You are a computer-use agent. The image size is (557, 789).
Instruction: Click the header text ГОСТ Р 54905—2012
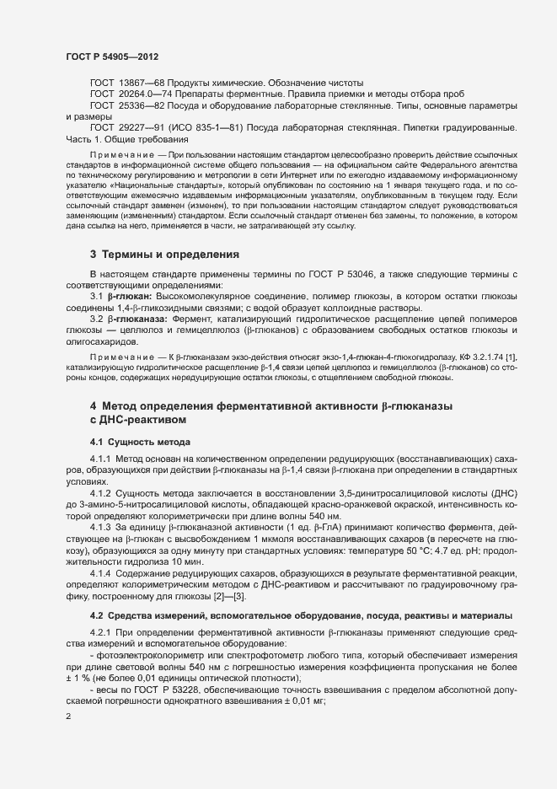click(x=111, y=56)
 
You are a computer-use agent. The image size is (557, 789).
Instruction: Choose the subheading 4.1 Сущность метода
click(x=140, y=442)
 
